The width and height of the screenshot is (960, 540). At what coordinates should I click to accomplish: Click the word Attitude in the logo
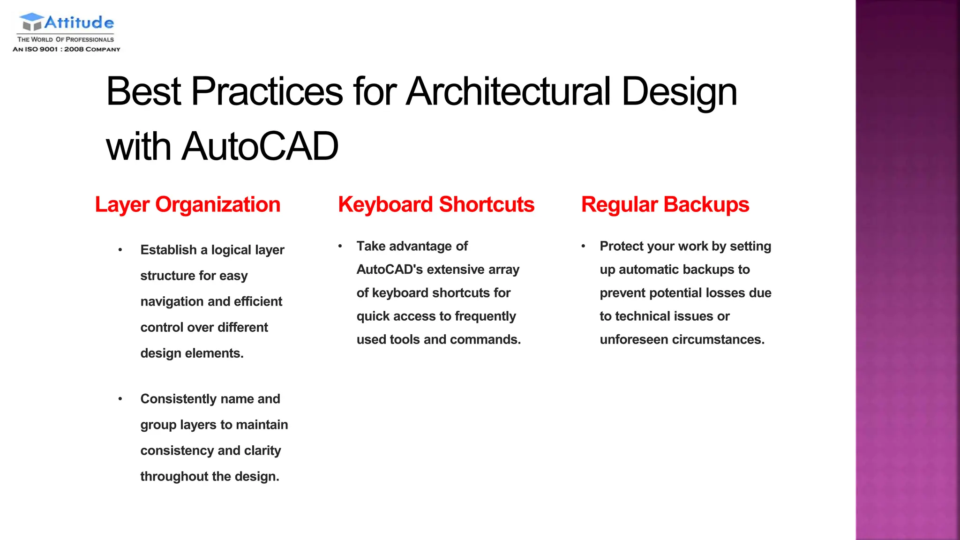[79, 22]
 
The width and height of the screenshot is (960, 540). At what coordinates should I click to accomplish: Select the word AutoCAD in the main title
[260, 146]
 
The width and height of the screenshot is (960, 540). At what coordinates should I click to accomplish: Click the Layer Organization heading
[187, 205]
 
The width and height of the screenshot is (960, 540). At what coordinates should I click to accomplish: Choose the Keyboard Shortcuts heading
[436, 205]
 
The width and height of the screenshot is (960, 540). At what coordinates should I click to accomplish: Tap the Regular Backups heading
[665, 205]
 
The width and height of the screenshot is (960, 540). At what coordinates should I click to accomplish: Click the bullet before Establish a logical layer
[120, 250]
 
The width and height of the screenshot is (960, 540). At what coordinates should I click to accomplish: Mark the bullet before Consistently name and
[120, 399]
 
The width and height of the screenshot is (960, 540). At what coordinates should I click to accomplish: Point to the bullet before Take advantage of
[340, 246]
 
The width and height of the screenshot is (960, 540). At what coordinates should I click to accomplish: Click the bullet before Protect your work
[583, 246]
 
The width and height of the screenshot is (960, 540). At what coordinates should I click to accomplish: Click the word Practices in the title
[267, 91]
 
